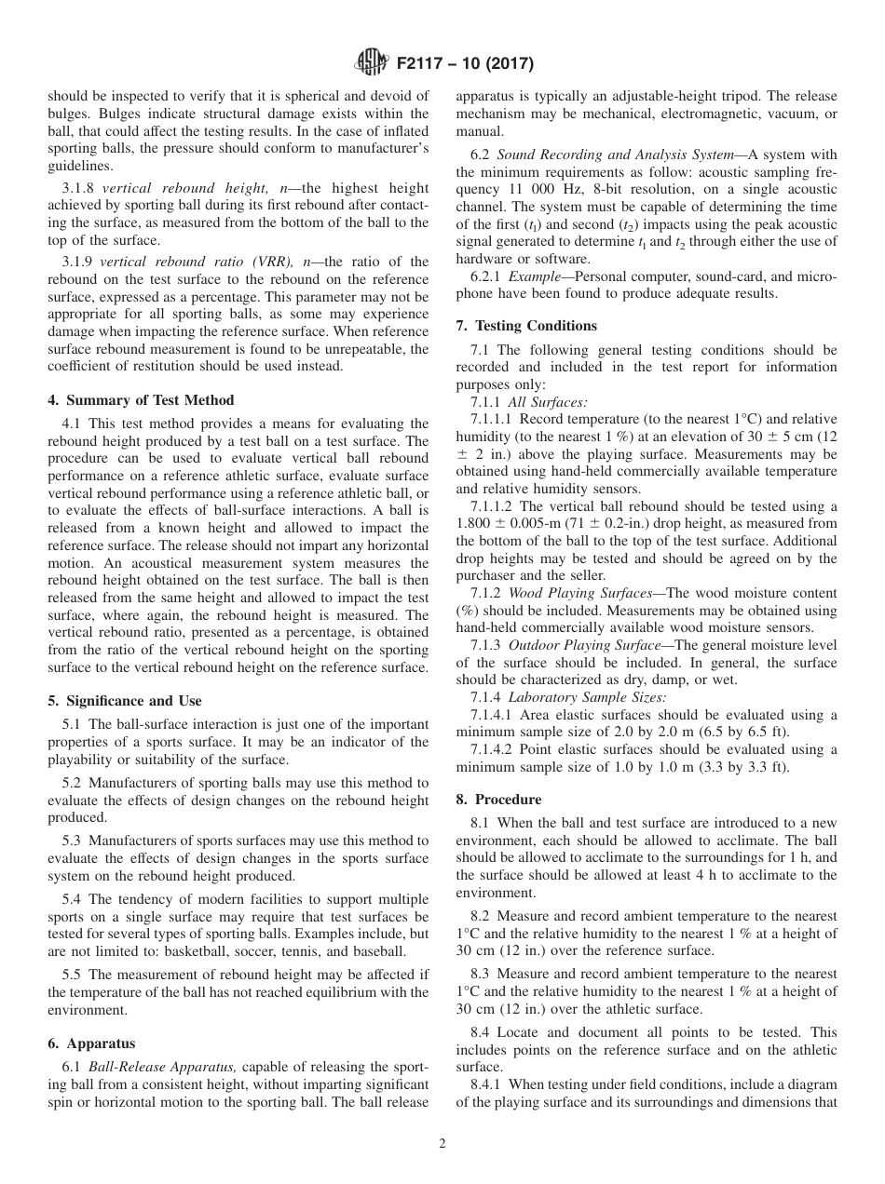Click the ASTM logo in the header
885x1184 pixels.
pos(370,63)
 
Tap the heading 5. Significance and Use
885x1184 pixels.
pos(125,701)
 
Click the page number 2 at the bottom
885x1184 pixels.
pos(442,1144)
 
